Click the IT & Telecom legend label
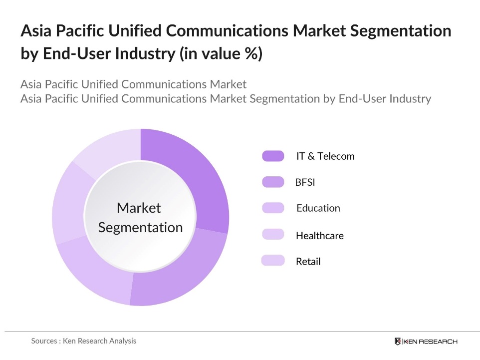click(325, 156)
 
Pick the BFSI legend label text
click(305, 182)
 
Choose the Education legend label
click(318, 208)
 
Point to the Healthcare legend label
click(319, 235)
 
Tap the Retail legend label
click(308, 261)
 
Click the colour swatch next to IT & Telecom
click(273, 156)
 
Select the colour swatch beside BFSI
click(273, 182)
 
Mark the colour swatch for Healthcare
click(273, 235)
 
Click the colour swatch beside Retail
click(273, 261)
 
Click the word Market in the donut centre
click(139, 208)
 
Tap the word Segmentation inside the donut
click(140, 228)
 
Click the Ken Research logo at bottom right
click(426, 342)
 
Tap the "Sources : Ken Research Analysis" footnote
click(83, 341)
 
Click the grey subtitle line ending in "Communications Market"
click(133, 84)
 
